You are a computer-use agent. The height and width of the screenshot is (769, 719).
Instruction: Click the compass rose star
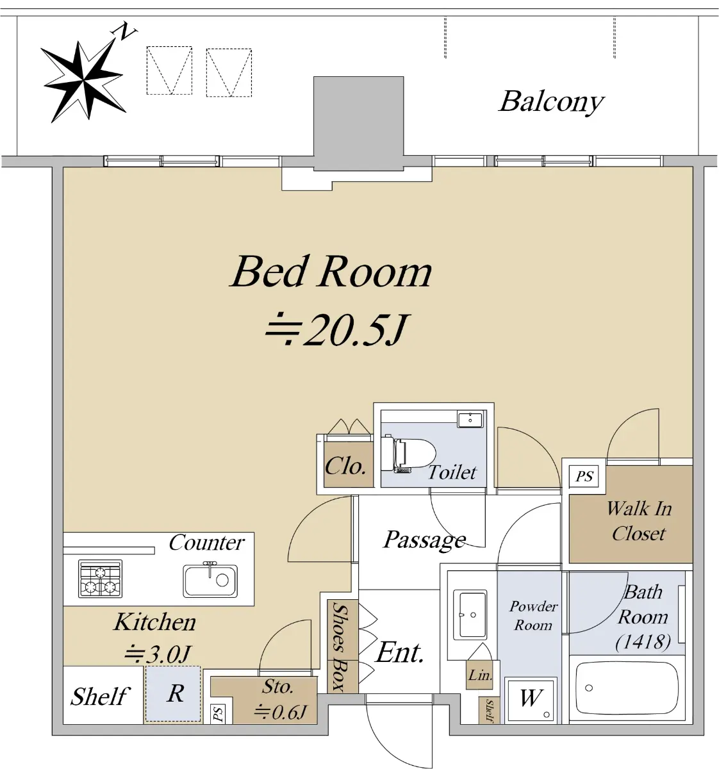coord(83,81)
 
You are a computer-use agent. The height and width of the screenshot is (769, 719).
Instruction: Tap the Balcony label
coord(551,102)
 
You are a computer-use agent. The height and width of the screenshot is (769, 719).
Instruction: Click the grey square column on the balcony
coord(359,124)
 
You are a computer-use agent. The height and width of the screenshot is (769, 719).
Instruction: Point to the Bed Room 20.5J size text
coord(337,329)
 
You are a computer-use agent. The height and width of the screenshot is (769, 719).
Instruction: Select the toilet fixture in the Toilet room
coord(408,453)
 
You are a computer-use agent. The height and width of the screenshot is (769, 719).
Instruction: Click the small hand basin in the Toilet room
coord(470,419)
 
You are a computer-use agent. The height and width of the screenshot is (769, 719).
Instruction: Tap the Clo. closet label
coord(345,466)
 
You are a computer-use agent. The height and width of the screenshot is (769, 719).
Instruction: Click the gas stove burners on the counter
coord(101,579)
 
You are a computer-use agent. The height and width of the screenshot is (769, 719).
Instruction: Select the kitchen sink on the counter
coord(210,579)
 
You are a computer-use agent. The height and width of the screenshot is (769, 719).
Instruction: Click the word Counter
coord(206,543)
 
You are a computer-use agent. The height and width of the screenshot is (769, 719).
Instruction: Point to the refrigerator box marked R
coord(173,694)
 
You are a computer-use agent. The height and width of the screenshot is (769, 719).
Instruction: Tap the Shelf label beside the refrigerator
coord(100,697)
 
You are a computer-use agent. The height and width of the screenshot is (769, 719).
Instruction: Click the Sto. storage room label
coord(277,686)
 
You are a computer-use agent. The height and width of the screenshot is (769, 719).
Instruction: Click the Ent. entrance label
coord(400,652)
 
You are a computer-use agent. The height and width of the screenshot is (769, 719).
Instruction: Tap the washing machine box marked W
coord(531,700)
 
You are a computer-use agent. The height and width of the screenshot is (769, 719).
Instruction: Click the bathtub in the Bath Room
coord(627,688)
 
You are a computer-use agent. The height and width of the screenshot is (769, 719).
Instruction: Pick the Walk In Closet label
coord(639,520)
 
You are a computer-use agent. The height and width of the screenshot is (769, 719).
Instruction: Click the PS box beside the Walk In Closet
coord(584,476)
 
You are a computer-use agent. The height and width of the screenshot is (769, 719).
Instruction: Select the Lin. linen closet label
coord(480,675)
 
